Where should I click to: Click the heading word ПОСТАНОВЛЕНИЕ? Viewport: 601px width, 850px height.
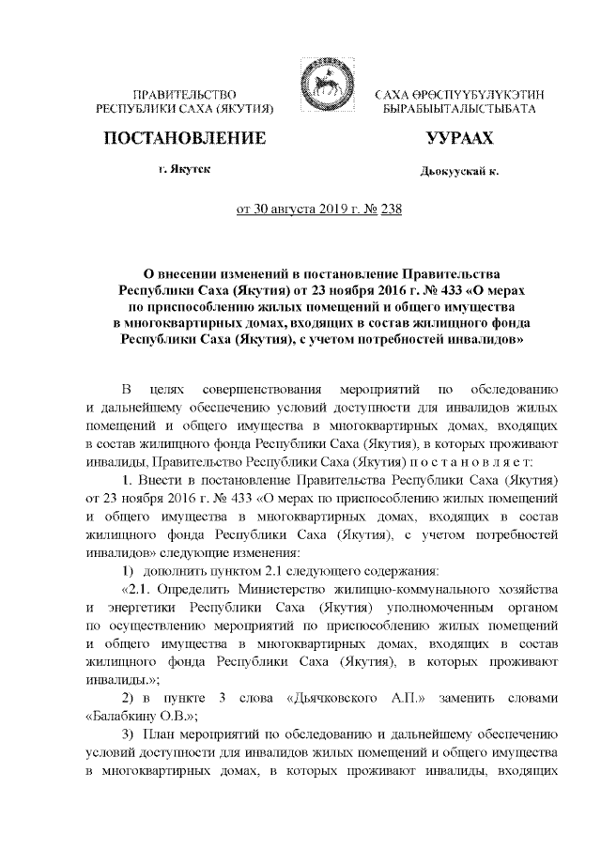[x=184, y=140]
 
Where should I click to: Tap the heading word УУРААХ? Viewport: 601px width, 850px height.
[x=459, y=140]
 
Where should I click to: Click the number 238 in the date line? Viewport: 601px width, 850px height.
[x=389, y=209]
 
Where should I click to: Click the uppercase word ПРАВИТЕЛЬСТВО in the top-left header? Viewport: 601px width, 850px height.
[x=184, y=96]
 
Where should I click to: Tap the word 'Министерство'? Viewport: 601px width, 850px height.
[x=290, y=589]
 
